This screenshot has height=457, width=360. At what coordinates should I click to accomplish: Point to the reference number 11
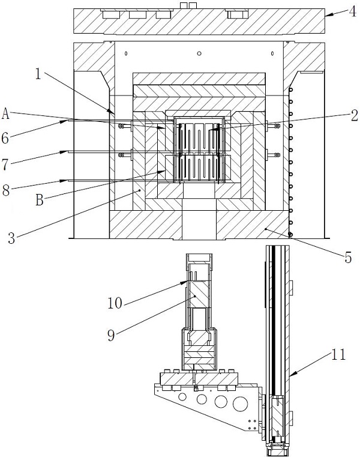pos(338,355)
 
